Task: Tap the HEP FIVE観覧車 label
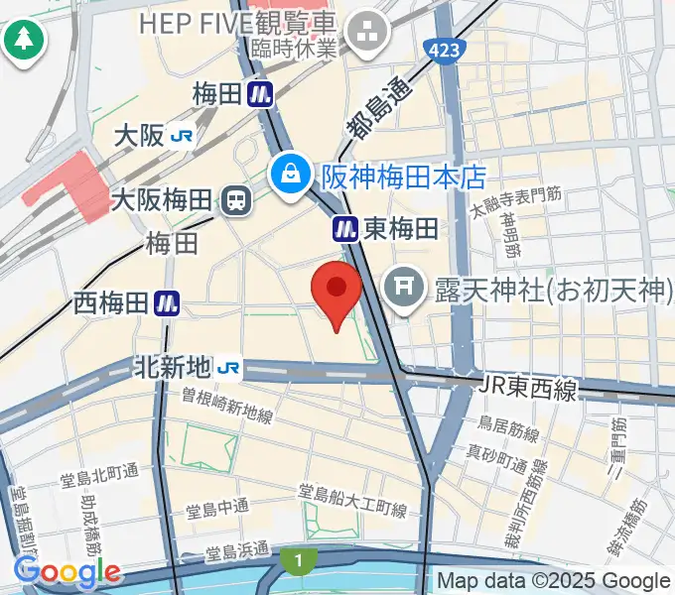238,23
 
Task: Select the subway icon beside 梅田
262,94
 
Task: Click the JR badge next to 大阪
181,136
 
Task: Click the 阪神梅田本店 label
403,177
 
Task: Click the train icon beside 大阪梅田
236,201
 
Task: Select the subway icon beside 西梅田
167,303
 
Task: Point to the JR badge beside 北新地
228,368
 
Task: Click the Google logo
67,572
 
